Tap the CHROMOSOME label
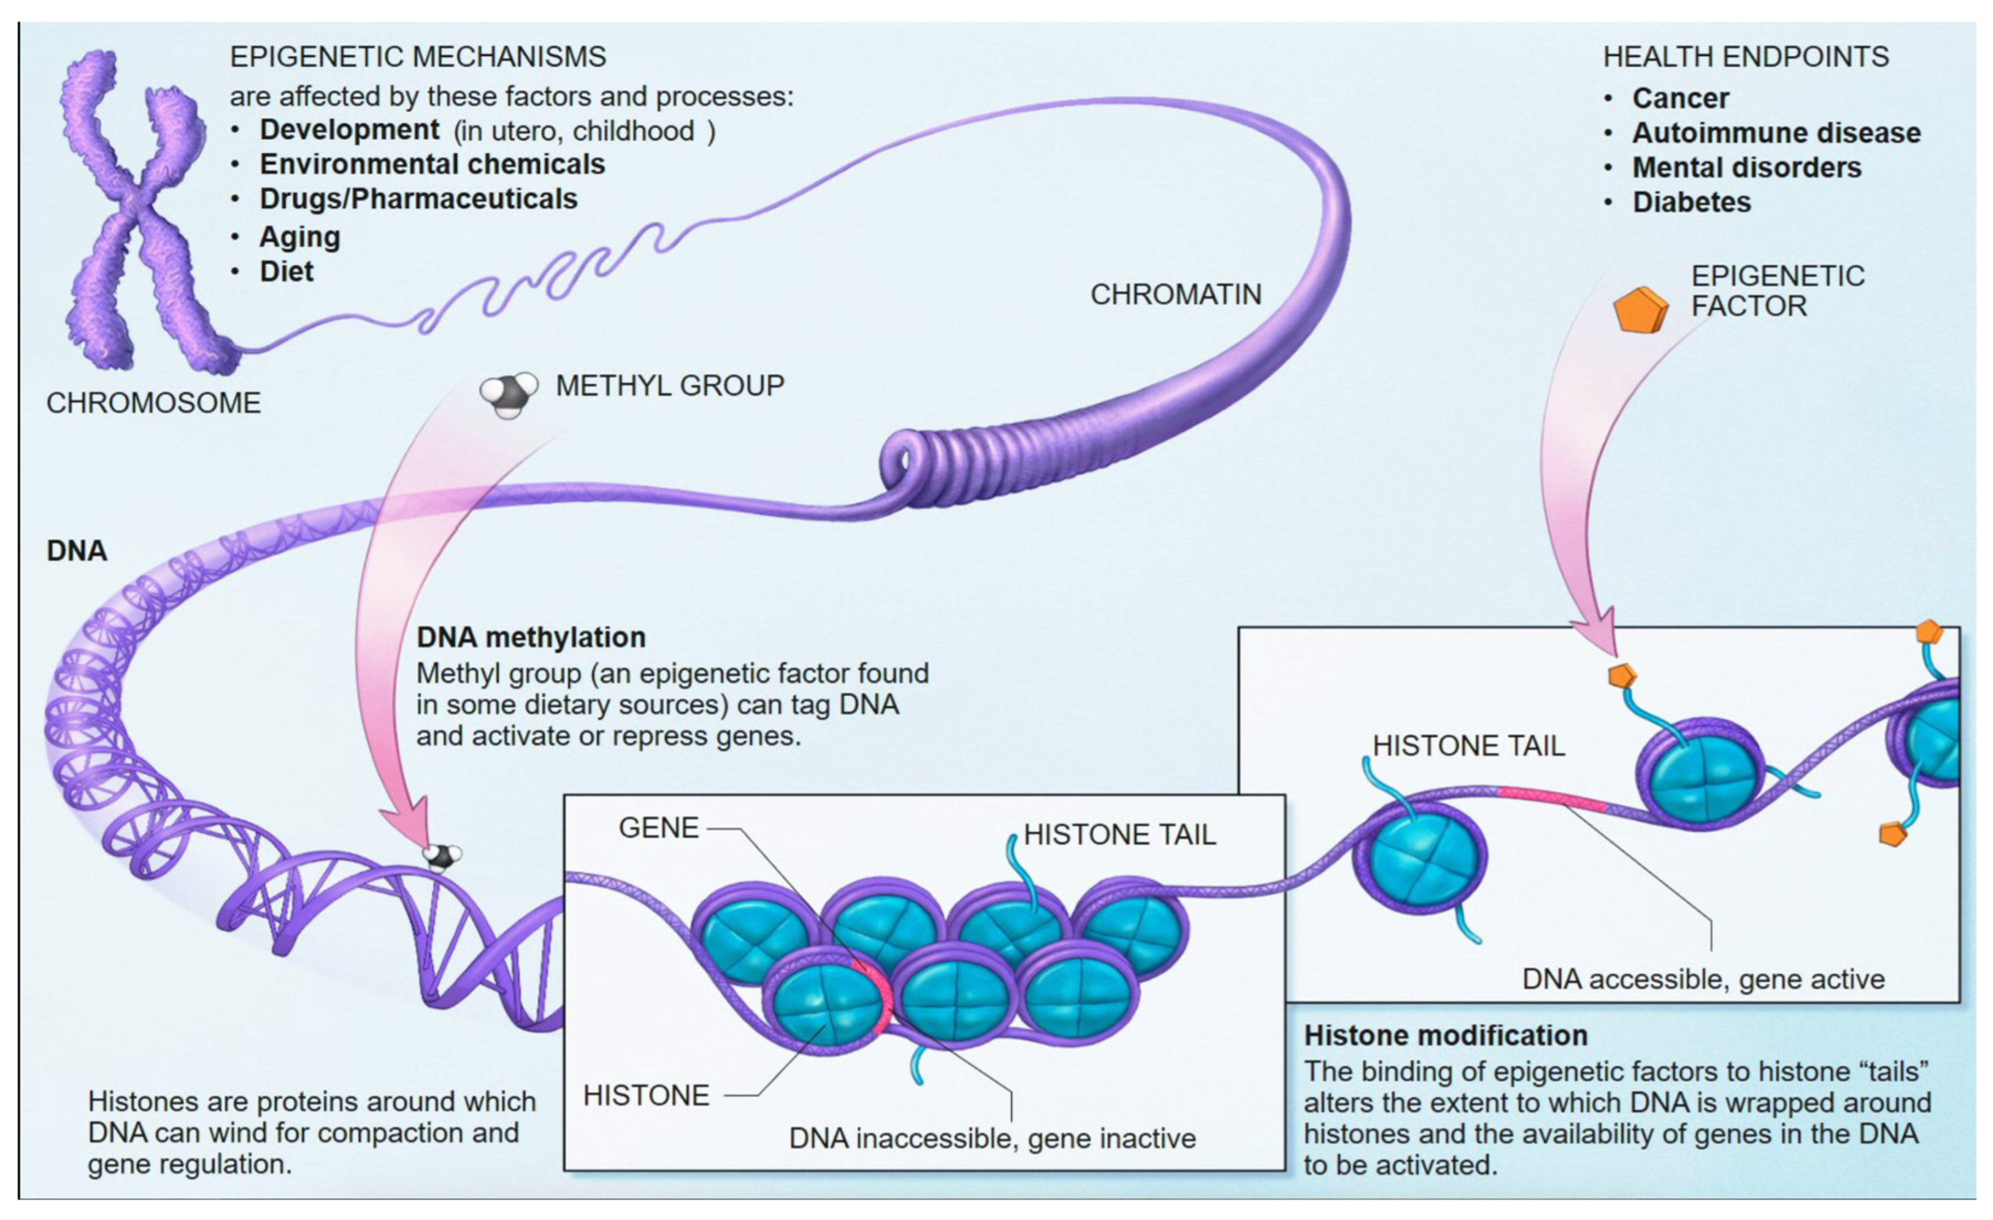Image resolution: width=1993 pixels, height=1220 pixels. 153,403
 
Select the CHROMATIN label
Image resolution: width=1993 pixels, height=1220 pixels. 1175,295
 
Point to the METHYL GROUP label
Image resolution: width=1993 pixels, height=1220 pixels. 670,386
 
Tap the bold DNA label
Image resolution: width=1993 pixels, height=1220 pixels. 77,551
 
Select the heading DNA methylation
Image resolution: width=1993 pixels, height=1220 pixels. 530,638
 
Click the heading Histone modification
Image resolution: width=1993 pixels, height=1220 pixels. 1445,1035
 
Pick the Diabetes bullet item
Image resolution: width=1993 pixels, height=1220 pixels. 1691,202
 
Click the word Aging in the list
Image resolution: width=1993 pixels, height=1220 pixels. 299,237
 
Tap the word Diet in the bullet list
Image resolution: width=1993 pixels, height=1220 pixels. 286,272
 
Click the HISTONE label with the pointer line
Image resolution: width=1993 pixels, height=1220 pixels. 645,1096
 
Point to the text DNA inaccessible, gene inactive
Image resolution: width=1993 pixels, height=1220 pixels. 992,1138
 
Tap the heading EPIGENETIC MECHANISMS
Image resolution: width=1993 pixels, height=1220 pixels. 418,56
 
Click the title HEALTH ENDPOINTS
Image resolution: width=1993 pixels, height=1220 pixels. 1746,56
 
